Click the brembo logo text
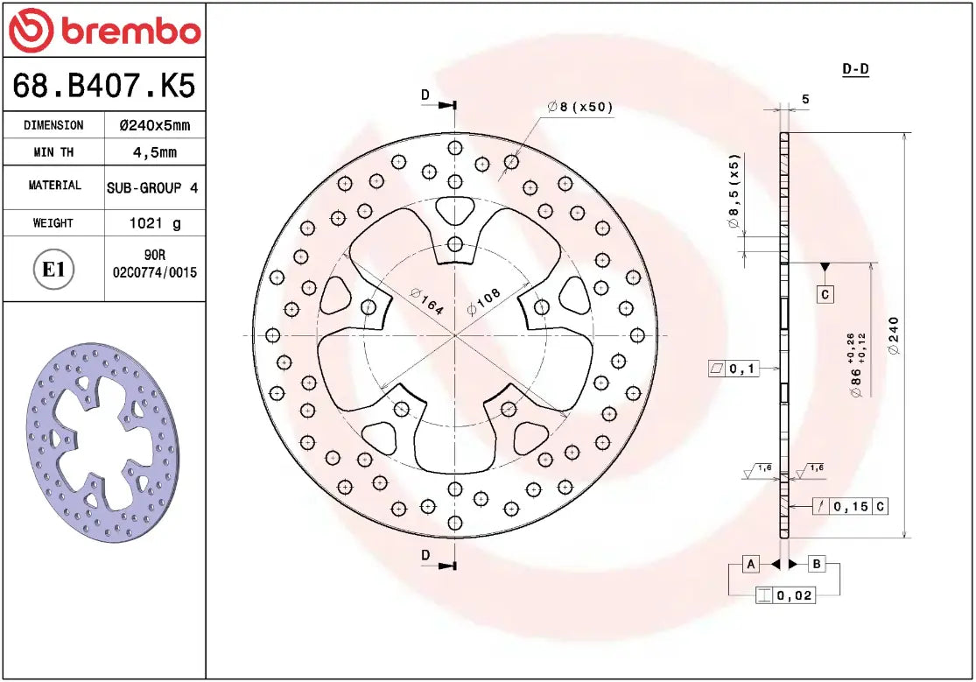click(x=130, y=32)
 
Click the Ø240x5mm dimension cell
click(x=154, y=125)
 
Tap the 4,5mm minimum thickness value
click(x=154, y=152)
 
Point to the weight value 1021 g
click(x=155, y=223)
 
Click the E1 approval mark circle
click(x=54, y=269)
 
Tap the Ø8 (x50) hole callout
click(x=580, y=107)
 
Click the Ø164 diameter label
click(x=426, y=301)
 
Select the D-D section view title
click(x=855, y=69)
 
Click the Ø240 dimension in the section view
click(x=894, y=335)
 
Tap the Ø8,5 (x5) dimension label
click(x=734, y=191)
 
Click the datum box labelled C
click(x=825, y=294)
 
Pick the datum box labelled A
click(x=751, y=564)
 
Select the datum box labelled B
click(x=816, y=564)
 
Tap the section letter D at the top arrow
click(x=425, y=95)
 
